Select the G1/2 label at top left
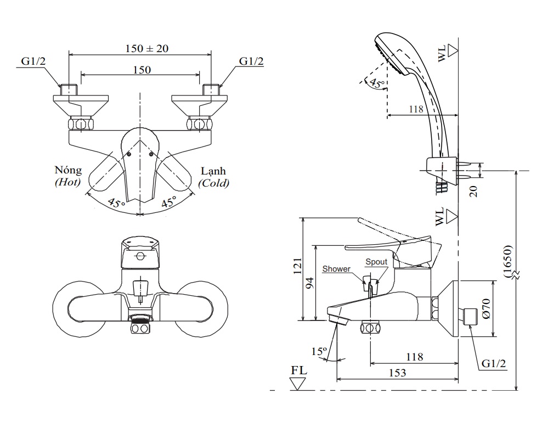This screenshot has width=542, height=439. coord(34,61)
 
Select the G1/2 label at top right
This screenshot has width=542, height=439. coord(251,61)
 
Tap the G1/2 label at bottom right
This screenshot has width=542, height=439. coord(494,364)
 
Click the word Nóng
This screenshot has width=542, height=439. coord(68,171)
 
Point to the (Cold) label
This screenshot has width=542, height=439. coord(214,183)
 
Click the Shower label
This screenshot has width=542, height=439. coord(336,269)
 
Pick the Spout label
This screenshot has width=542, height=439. coord(376,262)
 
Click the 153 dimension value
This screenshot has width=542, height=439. coord(397,373)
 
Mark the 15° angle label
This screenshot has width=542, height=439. coord(319,351)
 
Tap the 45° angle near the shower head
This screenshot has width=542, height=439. coord(376,83)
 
